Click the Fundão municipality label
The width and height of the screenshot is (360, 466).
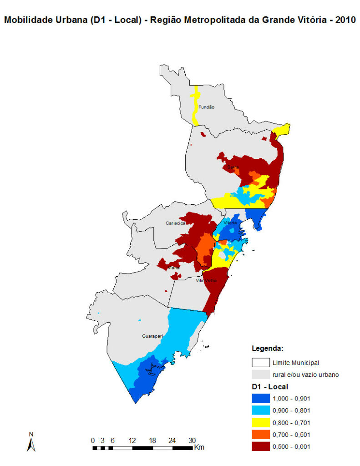tap(206, 107)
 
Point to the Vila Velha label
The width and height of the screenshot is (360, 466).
tap(206, 280)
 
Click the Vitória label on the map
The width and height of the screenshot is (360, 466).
tap(230, 223)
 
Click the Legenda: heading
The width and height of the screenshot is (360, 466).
tap(268, 349)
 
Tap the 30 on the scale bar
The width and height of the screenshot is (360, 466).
tap(192, 440)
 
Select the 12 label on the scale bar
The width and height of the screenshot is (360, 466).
tap(132, 440)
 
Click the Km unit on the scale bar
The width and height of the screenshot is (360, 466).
tap(199, 447)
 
